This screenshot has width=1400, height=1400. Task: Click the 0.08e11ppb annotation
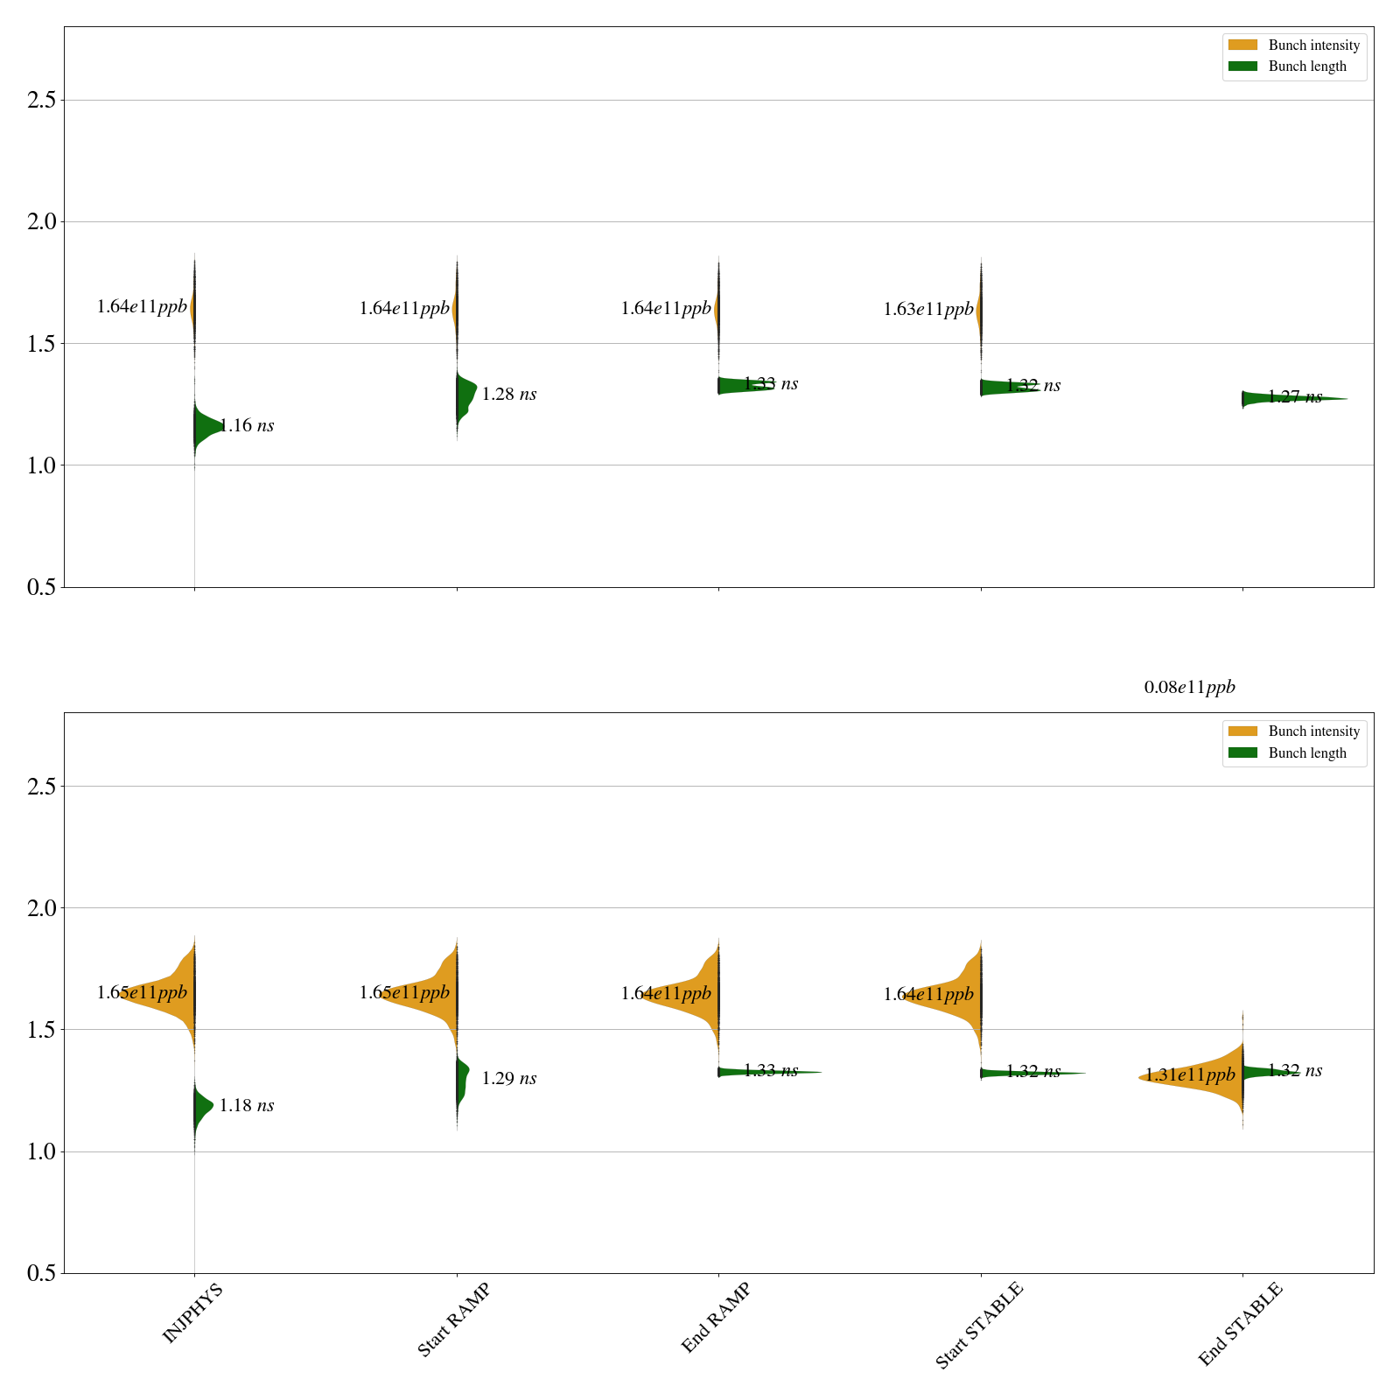[1189, 688]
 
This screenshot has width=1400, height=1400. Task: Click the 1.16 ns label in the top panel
[246, 426]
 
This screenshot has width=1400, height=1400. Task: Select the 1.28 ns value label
[508, 395]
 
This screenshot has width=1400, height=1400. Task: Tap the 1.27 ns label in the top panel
[1295, 397]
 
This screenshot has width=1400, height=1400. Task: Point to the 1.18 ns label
[246, 1106]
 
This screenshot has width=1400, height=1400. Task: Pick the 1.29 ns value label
[508, 1079]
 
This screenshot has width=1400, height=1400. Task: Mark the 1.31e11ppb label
[1190, 1075]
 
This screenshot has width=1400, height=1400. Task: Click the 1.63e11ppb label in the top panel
[928, 310]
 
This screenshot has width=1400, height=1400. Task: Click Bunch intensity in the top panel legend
[1313, 45]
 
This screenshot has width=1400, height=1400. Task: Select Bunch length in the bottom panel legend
[1307, 753]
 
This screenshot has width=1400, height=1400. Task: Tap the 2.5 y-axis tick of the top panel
[41, 100]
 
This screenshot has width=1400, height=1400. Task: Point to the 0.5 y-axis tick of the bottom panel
[41, 1273]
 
